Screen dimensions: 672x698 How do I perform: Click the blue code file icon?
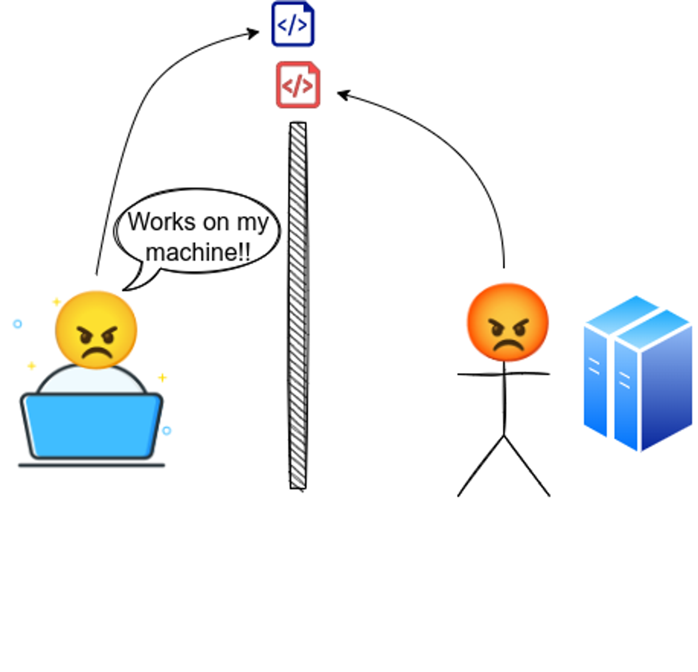pos(293,24)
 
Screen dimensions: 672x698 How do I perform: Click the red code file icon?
pos(298,85)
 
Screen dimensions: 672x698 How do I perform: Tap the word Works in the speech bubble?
pos(161,222)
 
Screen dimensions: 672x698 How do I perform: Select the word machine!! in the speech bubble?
pos(198,252)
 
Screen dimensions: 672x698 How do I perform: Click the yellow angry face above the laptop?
pos(96,330)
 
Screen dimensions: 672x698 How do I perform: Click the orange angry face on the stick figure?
pos(508,322)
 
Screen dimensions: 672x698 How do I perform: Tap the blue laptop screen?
pos(91,425)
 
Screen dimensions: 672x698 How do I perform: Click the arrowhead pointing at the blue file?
pos(254,33)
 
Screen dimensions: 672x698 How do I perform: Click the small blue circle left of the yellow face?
pos(17,324)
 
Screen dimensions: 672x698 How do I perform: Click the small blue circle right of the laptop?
pos(166,431)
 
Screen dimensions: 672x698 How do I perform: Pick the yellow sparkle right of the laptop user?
pos(162,378)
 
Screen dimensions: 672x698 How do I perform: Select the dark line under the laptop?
pos(91,465)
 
